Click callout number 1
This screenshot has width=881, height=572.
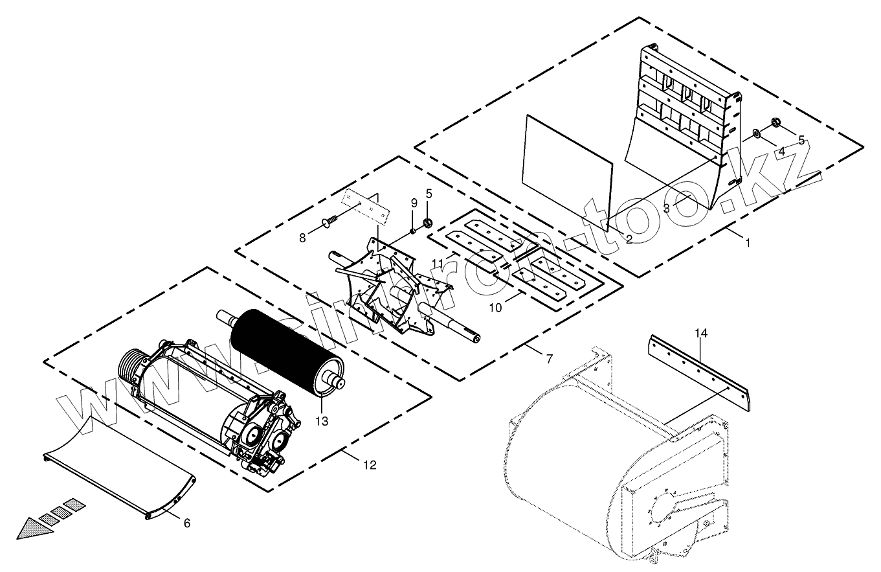pos(748,244)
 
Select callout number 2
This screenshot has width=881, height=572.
pos(629,239)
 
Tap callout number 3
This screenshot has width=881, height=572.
pos(666,209)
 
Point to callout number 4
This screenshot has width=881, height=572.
pos(781,152)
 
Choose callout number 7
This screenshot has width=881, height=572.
pos(550,358)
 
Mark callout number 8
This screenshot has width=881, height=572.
pos(302,238)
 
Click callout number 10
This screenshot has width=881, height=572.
pos(495,307)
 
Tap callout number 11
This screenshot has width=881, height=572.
pos(438,263)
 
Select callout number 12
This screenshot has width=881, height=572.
pos(370,464)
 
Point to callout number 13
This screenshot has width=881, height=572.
pos(322,421)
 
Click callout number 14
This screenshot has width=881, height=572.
pos(702,334)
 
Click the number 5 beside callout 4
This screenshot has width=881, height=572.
pos(801,140)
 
